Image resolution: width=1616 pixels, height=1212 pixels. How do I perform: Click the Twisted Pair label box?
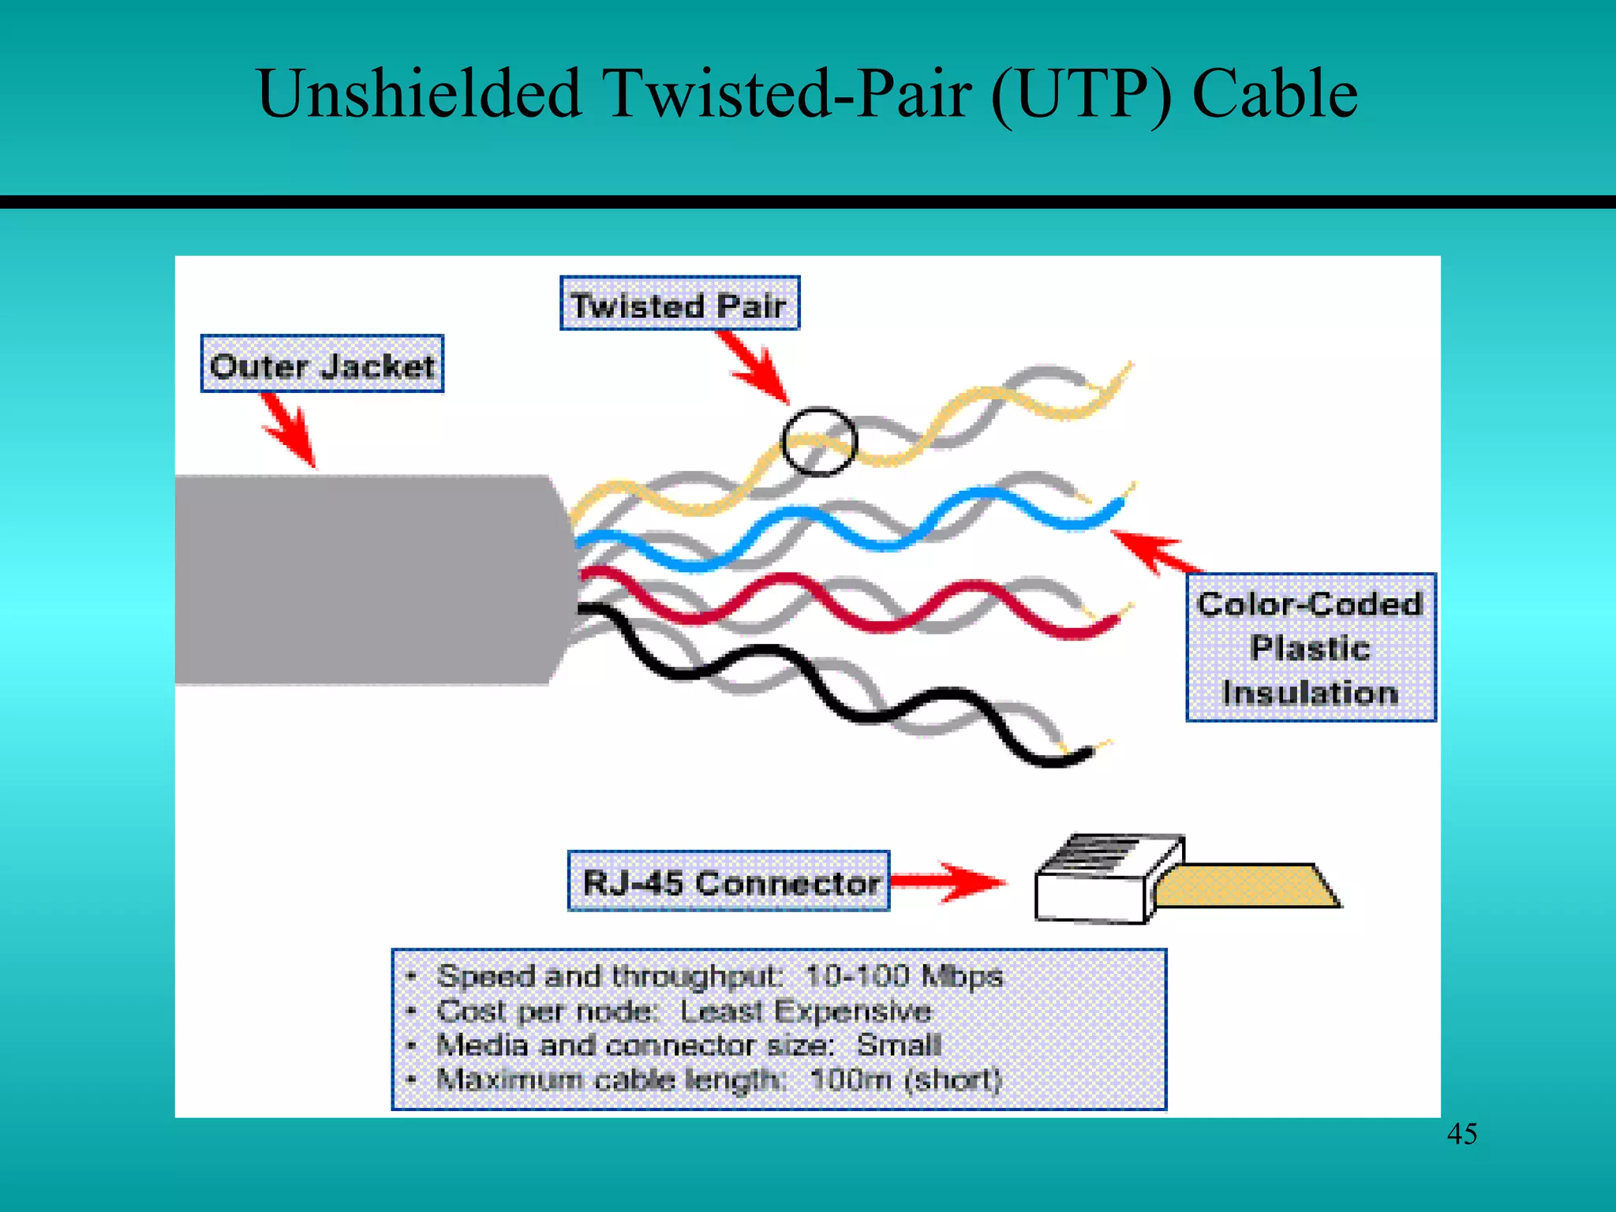679,304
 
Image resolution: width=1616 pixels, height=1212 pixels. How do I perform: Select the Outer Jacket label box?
322,365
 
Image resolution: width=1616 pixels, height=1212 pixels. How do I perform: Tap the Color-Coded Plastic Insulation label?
1311,648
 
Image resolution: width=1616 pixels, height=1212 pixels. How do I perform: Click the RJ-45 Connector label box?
729,881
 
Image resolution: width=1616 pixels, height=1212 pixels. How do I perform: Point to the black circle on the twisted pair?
818,442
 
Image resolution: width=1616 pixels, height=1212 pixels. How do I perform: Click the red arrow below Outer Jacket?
290,430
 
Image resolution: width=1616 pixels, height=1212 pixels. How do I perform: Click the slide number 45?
1461,1135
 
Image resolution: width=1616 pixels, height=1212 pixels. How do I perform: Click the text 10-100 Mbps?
903,977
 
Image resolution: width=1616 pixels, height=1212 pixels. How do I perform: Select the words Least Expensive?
805,1012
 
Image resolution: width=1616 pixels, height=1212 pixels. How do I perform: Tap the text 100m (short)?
906,1079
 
